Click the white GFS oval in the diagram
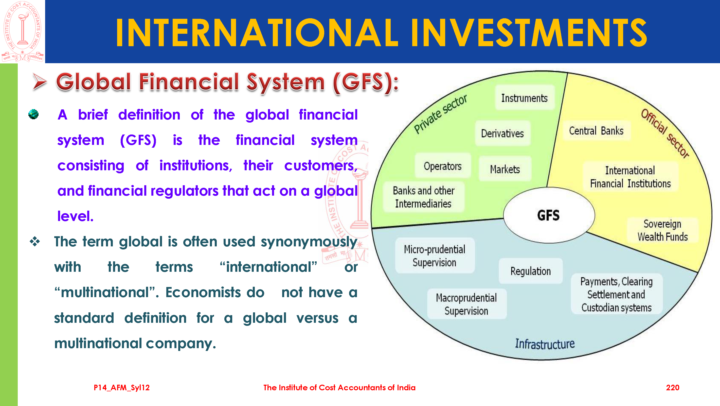click(x=549, y=215)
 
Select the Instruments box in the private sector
click(x=525, y=98)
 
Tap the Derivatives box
click(x=502, y=133)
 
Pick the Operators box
click(x=443, y=166)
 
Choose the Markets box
click(x=505, y=169)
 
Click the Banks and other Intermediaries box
click(x=424, y=197)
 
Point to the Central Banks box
click(x=596, y=131)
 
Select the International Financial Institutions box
click(x=630, y=177)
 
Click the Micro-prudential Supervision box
click(x=435, y=256)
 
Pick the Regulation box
click(x=531, y=271)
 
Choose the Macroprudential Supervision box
click(x=466, y=304)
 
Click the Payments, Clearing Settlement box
click(x=616, y=294)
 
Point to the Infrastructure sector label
click(x=545, y=344)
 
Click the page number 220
click(x=673, y=387)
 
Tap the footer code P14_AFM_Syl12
click(x=122, y=387)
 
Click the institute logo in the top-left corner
click(x=22, y=31)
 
